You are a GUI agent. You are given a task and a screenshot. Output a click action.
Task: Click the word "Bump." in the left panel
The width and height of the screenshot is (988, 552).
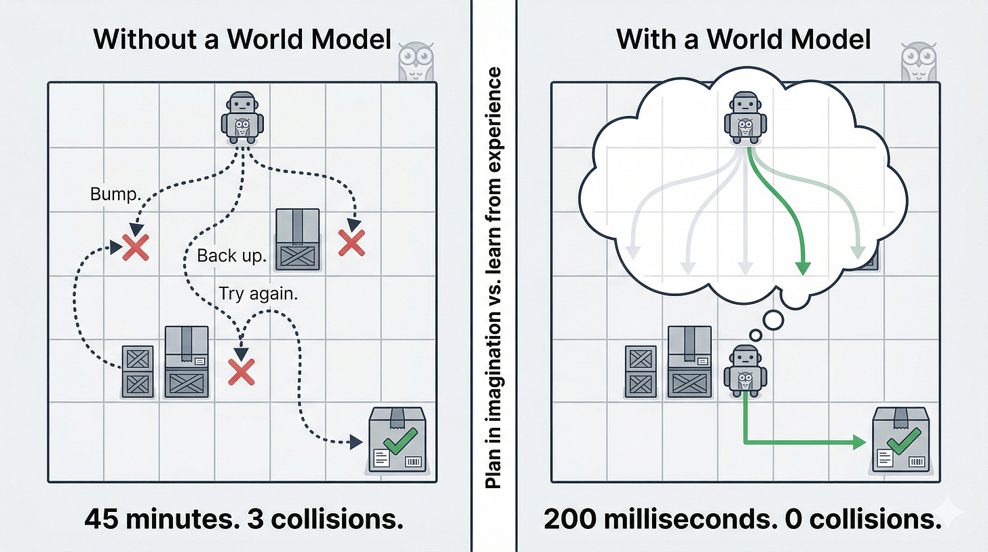(115, 195)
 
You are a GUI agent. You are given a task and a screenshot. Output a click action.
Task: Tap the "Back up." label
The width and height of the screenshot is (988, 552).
(231, 256)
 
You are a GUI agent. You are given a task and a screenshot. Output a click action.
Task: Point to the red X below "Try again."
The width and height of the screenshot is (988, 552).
(241, 372)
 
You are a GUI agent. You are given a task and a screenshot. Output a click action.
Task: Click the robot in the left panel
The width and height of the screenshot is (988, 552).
(243, 119)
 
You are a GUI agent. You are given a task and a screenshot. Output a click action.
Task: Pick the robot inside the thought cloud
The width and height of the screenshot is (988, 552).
(746, 119)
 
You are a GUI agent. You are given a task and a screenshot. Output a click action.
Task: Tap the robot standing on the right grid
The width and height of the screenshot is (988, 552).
(745, 370)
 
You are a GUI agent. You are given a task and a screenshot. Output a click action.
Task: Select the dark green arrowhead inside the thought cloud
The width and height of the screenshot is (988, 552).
(803, 268)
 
